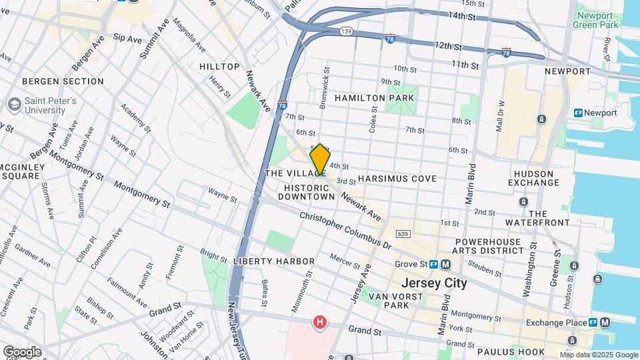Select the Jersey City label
click(x=433, y=283)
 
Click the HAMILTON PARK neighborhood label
click(x=374, y=98)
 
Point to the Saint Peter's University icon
click(x=13, y=105)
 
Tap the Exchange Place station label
click(x=555, y=323)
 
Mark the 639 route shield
click(x=401, y=234)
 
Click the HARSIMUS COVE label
click(x=397, y=179)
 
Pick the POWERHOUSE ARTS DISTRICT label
click(x=489, y=246)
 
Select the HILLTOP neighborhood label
click(x=219, y=67)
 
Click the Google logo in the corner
click(x=21, y=351)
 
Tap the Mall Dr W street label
click(x=500, y=117)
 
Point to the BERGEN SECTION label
click(x=63, y=81)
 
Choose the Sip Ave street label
click(x=127, y=39)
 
